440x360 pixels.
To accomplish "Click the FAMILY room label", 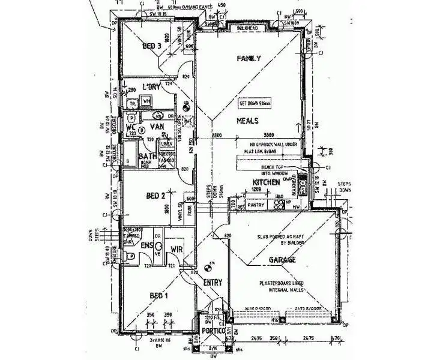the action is (x=249, y=59).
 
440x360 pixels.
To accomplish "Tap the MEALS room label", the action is (x=247, y=121).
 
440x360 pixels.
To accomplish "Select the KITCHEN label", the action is (x=265, y=182).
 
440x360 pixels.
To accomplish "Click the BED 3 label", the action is (x=152, y=47).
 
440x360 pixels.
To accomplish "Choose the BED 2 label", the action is (x=156, y=196).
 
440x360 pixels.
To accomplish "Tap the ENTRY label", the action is (x=212, y=283).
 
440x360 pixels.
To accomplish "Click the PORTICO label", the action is (x=213, y=331).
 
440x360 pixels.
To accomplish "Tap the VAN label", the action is (x=157, y=127).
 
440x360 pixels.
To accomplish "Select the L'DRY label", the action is (x=152, y=88).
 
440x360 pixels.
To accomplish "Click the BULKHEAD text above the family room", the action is (x=249, y=28).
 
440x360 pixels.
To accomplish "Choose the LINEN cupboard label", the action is (x=167, y=144).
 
